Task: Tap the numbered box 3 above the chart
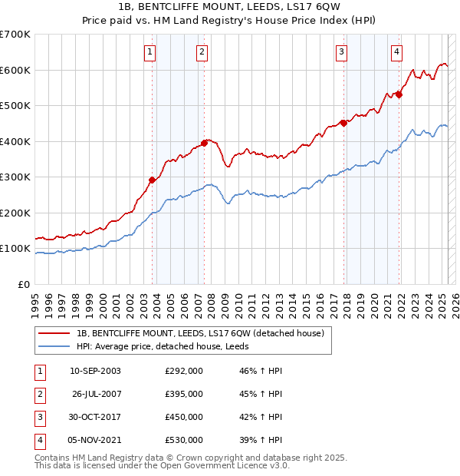coord(341,52)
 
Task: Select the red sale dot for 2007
coord(205,142)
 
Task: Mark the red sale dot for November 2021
coord(399,94)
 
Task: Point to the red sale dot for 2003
coord(152,180)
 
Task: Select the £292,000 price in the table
coord(184,371)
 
